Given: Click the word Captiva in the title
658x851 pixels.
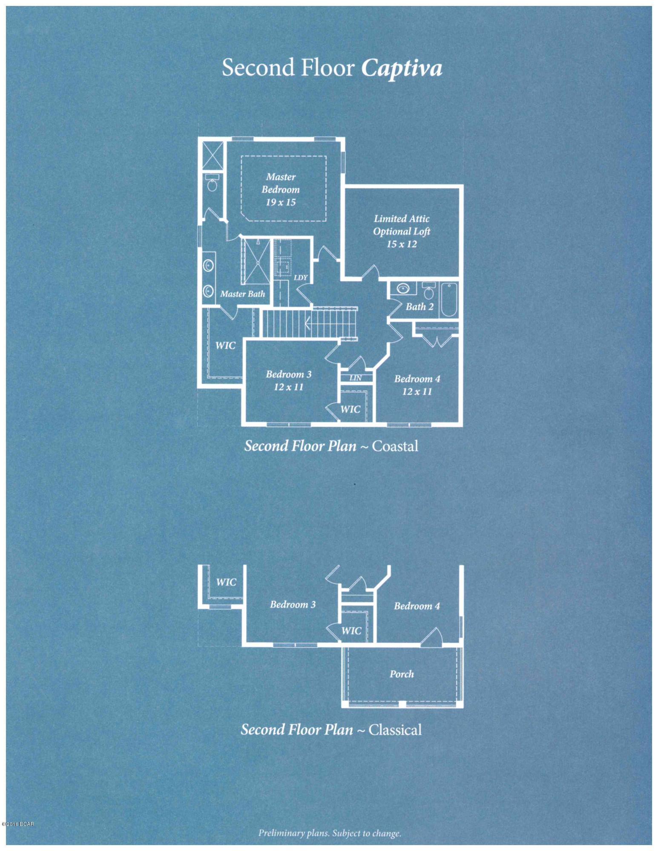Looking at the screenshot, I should click(x=402, y=68).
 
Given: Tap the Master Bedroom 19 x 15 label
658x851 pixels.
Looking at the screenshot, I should click(x=281, y=189).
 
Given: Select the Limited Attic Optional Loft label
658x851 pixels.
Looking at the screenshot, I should click(x=402, y=231).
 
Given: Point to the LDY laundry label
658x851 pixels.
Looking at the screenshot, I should click(x=301, y=277).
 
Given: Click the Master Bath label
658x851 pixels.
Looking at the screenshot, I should click(x=242, y=294).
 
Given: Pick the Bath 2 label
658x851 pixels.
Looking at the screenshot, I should click(x=420, y=306).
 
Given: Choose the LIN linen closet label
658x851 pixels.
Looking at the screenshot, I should click(x=356, y=378).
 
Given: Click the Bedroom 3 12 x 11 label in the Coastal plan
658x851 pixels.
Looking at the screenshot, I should click(x=289, y=380).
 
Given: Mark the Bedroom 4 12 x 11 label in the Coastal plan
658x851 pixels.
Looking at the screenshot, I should click(x=417, y=385).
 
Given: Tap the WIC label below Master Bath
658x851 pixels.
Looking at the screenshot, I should click(x=225, y=346).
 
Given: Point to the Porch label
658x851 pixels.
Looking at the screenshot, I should click(x=402, y=674).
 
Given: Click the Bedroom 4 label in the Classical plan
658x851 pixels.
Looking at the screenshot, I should click(x=417, y=606).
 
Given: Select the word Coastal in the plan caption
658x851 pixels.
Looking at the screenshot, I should click(x=395, y=446).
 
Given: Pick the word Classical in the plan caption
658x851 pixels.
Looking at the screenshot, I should click(x=395, y=730).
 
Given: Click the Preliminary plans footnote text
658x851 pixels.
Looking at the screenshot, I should click(x=330, y=833).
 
